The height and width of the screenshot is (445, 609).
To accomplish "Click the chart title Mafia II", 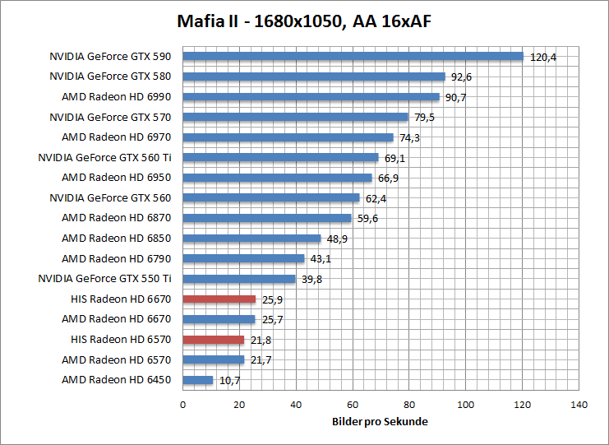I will click(x=304, y=20).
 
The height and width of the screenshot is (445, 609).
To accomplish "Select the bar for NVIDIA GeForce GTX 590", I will click(x=353, y=57).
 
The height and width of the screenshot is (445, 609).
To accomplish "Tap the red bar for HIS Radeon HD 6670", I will click(x=219, y=299).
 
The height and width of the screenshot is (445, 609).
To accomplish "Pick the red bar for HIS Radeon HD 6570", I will click(x=213, y=340).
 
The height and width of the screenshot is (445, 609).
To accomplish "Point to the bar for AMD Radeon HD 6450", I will click(x=197, y=380).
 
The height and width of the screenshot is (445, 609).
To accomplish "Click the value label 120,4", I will click(x=543, y=58).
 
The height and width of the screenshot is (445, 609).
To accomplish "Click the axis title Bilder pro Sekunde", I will click(x=381, y=421).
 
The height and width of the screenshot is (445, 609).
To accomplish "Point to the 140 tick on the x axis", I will click(x=579, y=405).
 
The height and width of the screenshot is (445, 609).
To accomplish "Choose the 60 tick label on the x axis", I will click(x=353, y=405).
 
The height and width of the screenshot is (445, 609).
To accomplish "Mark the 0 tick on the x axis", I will click(x=182, y=405).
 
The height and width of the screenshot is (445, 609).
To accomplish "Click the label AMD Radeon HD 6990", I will click(x=116, y=97).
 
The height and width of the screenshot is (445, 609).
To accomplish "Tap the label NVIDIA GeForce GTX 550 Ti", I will click(x=104, y=279).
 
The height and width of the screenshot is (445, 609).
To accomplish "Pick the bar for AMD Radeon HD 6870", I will click(x=267, y=218).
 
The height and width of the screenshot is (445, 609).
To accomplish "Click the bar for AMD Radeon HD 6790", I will click(x=243, y=258).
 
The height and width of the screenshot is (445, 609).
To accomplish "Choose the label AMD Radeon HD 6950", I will click(x=116, y=178).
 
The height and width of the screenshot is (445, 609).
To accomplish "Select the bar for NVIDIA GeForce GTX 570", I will click(x=295, y=118).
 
